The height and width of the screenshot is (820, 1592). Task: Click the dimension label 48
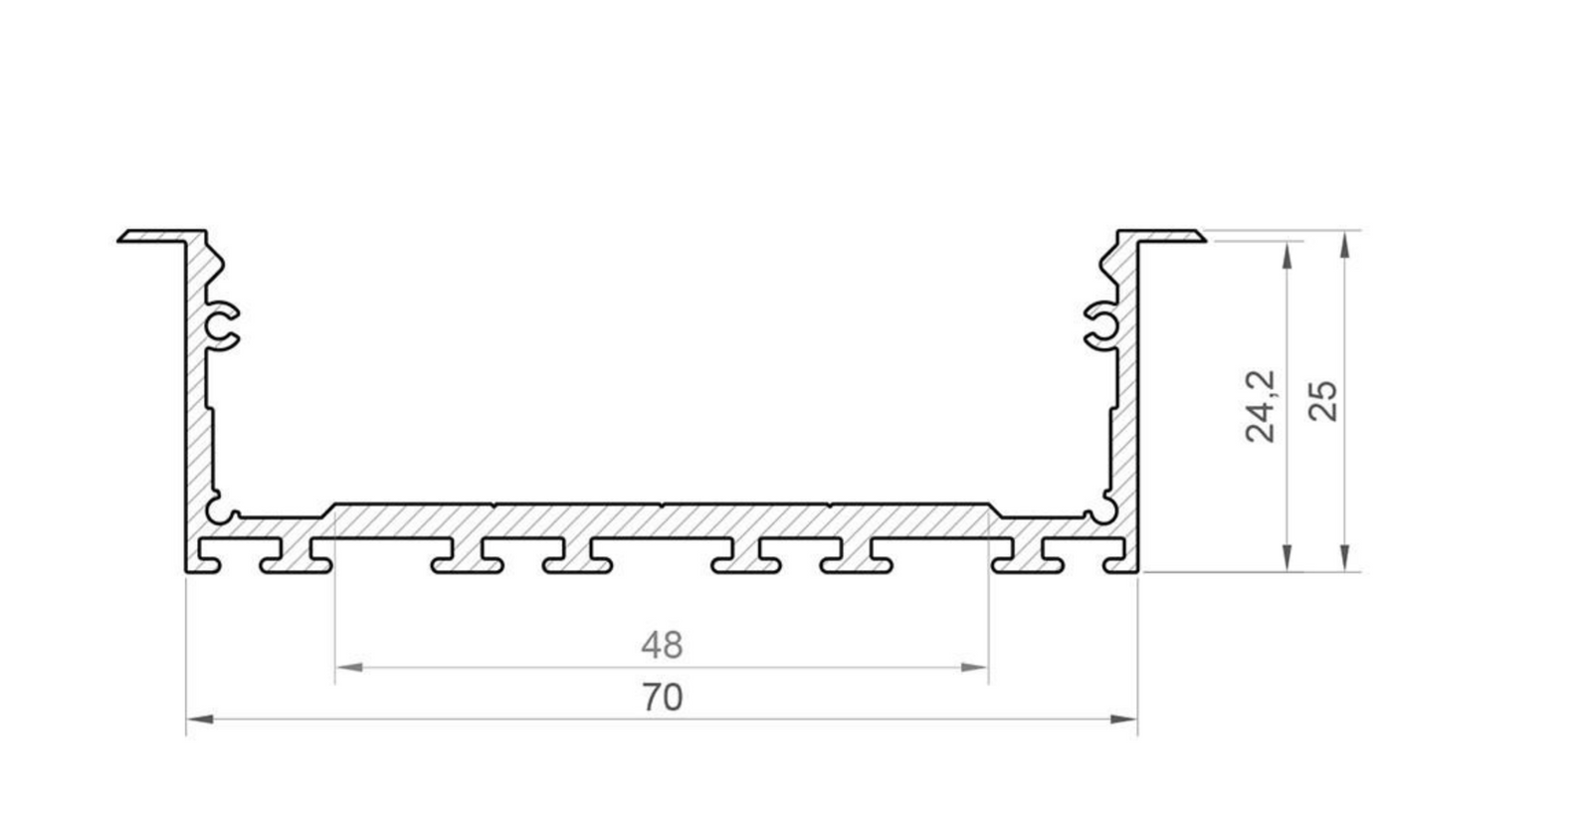(x=662, y=645)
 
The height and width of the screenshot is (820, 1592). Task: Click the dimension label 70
(x=663, y=697)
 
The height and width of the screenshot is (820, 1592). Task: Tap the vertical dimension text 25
(x=1323, y=401)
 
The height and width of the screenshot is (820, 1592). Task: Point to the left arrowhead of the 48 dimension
(x=349, y=667)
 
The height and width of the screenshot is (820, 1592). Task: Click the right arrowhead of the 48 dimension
(x=974, y=667)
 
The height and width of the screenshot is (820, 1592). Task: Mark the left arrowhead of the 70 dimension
(x=200, y=719)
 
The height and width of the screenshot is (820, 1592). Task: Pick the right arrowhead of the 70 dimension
(x=1123, y=719)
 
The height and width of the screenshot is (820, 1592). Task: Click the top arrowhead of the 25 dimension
(x=1344, y=245)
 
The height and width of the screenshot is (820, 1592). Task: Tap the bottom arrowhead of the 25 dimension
(x=1344, y=558)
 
